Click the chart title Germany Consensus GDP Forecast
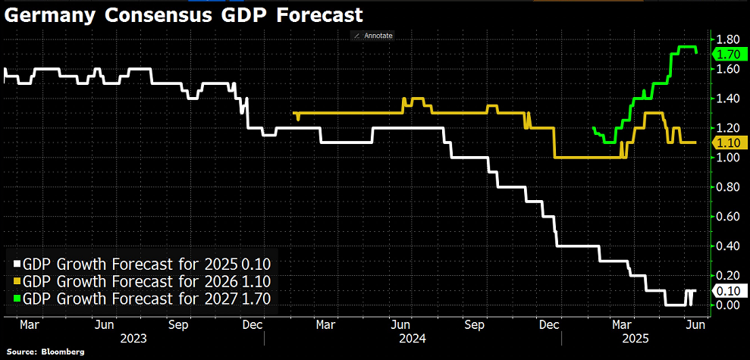tap(183, 15)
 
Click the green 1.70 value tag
tap(728, 54)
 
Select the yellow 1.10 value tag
tap(728, 142)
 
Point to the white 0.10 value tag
tap(728, 290)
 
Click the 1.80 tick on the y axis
tap(728, 39)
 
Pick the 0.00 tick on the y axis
tap(728, 305)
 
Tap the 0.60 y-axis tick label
tap(728, 217)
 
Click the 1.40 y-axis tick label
tap(728, 99)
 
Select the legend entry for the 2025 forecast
tap(143, 265)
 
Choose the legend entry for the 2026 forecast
tap(143, 281)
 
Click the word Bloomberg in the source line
tap(63, 353)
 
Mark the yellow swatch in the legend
tap(17, 281)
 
